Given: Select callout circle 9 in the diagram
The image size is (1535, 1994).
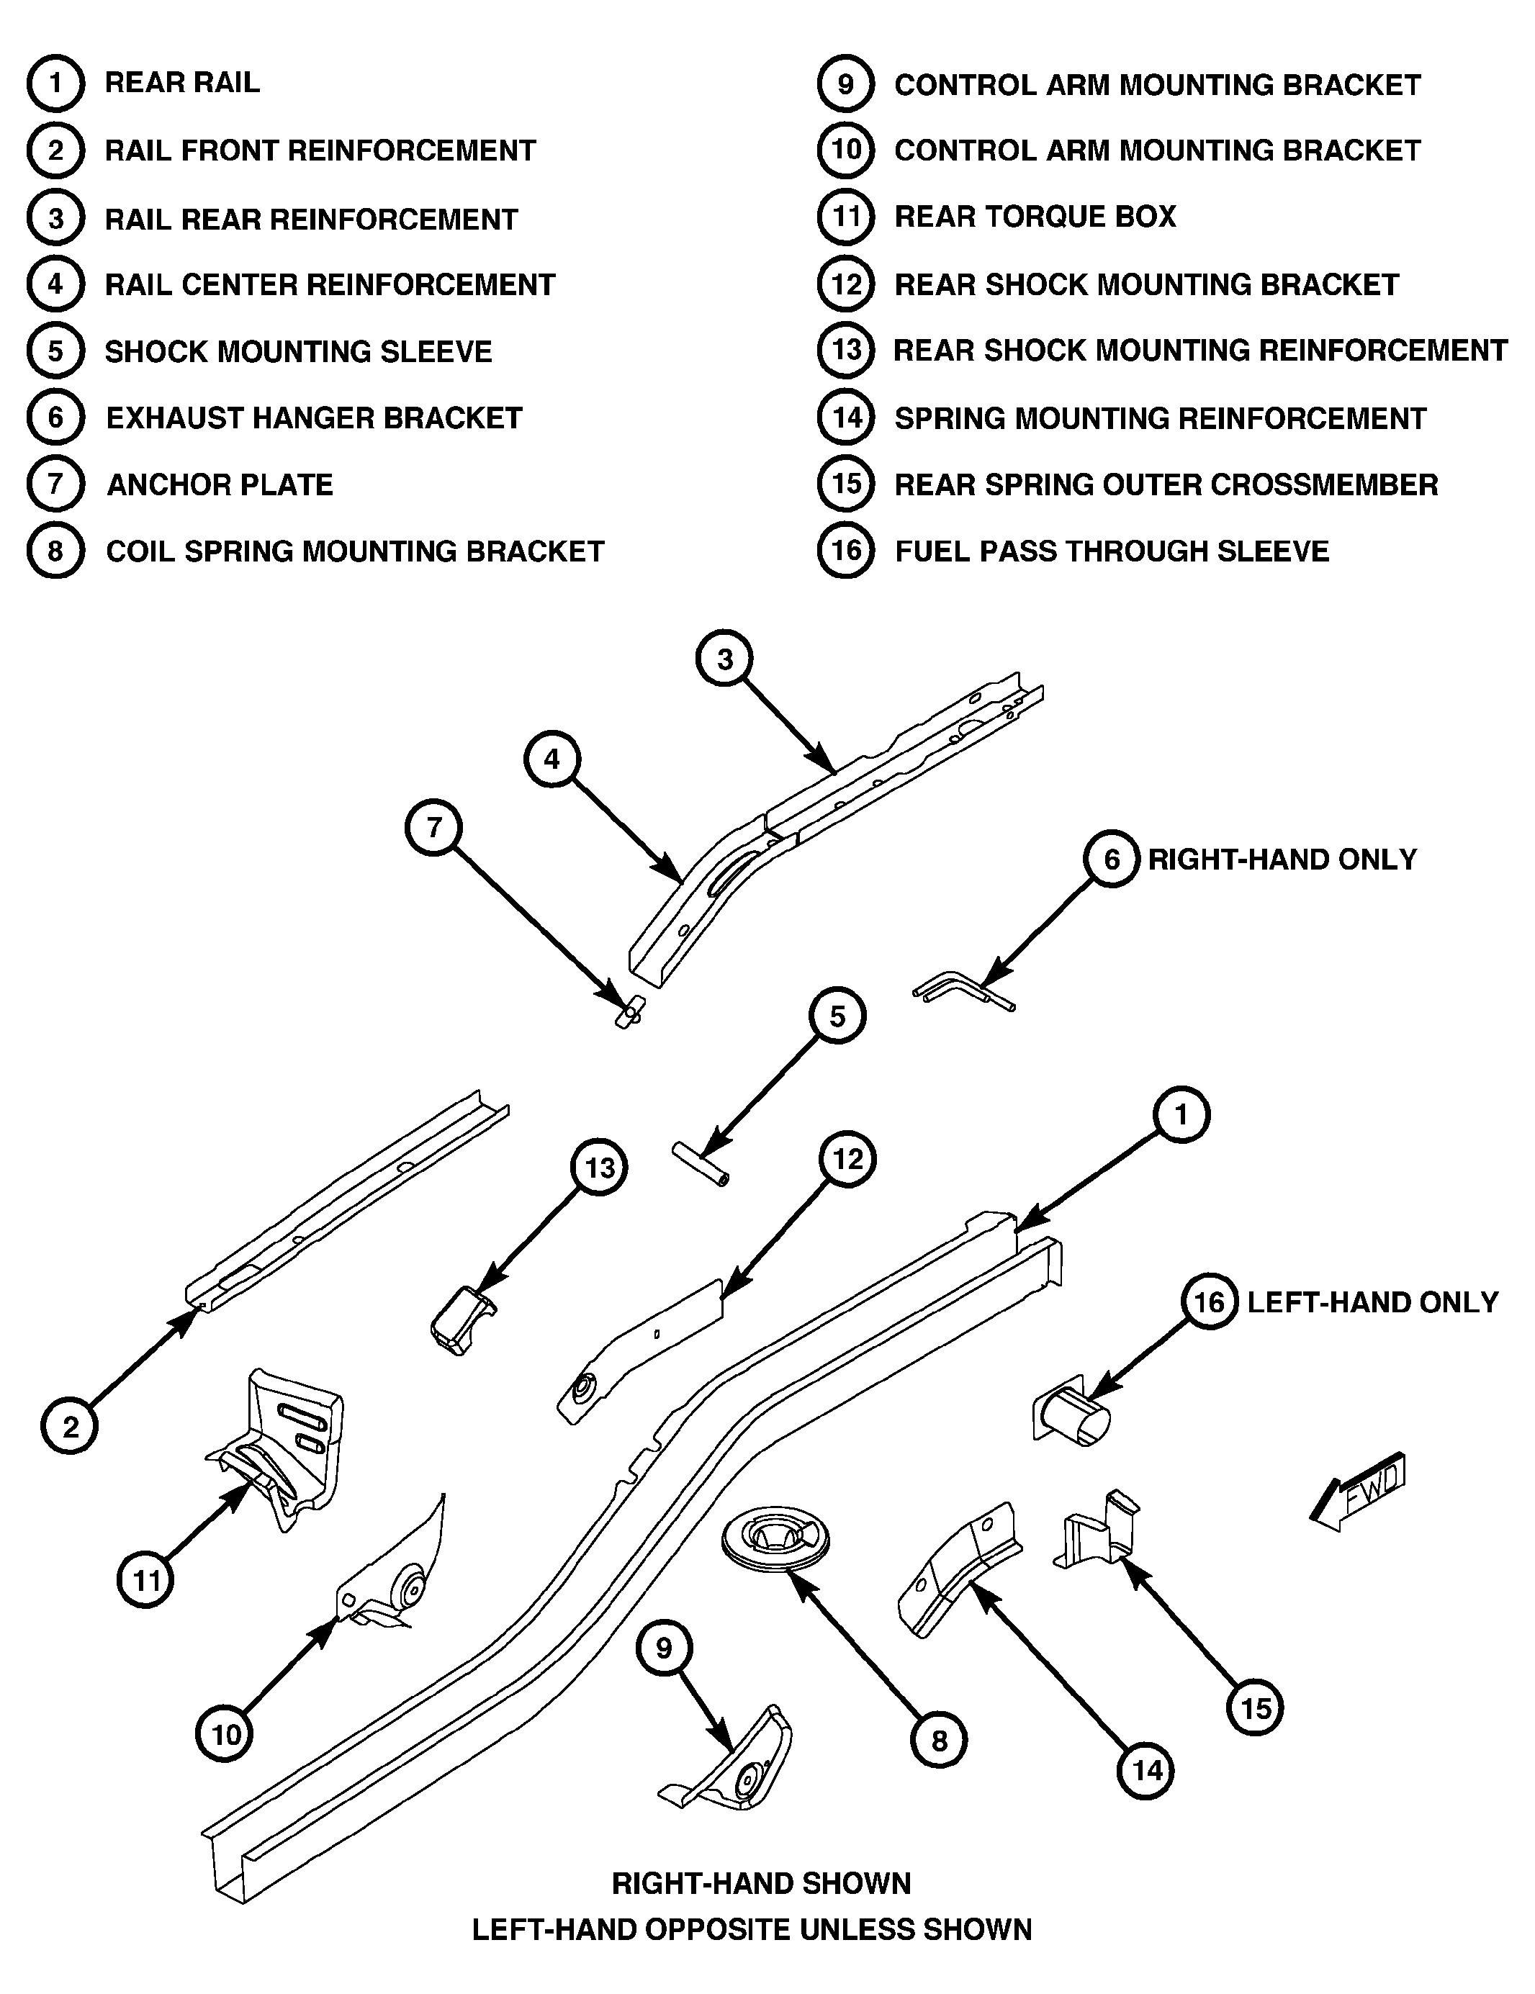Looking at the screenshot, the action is point(664,1648).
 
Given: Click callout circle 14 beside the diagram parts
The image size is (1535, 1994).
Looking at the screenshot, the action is point(1147,1772).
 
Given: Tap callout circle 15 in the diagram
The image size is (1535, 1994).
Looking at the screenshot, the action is point(1256,1708).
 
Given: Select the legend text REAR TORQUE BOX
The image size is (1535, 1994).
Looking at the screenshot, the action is point(1035,217).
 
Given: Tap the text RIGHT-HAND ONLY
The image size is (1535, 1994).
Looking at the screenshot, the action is point(1282,859).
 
